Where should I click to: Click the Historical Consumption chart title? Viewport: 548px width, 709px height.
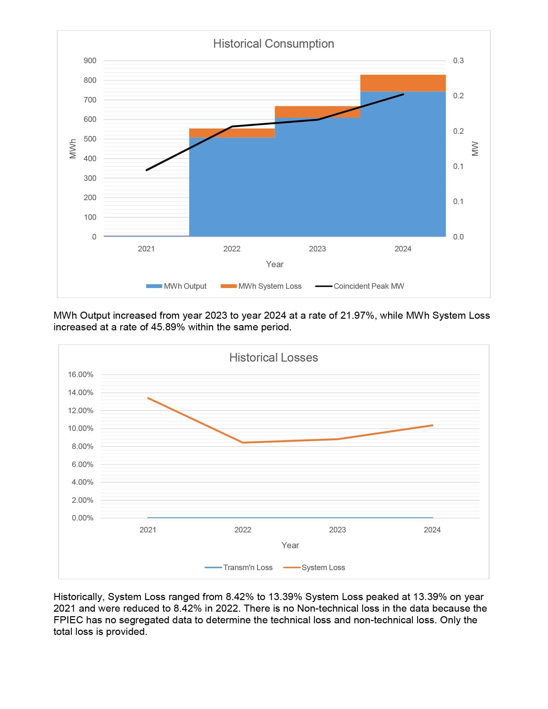[273, 44]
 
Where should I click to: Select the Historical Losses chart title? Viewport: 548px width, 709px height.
[273, 357]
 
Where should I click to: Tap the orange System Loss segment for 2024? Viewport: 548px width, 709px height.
[403, 83]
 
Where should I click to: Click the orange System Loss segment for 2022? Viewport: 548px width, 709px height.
[232, 133]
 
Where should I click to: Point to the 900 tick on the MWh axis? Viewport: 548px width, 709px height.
[90, 61]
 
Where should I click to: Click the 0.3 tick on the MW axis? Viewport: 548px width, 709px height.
[458, 61]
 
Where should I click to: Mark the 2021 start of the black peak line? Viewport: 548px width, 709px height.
[147, 170]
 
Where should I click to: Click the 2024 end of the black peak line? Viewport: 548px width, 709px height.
[403, 94]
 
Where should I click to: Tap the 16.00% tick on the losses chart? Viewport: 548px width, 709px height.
[81, 374]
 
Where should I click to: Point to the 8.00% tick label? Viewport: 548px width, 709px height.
[83, 446]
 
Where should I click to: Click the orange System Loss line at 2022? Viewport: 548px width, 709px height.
[243, 442]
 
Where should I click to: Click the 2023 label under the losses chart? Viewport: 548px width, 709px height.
[337, 530]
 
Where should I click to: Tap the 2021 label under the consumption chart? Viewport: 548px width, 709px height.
[146, 249]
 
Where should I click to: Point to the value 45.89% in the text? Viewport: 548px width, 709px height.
[168, 327]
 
